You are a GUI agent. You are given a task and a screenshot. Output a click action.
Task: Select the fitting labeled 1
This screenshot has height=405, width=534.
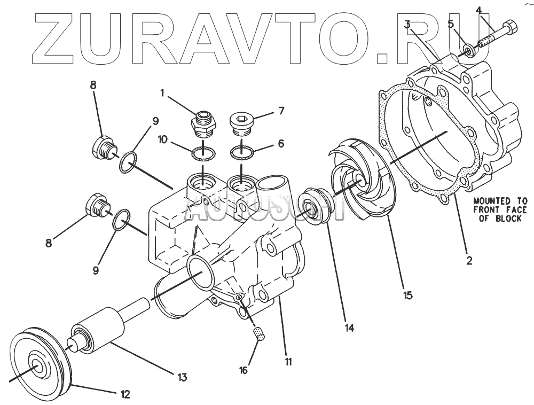pos(203,124)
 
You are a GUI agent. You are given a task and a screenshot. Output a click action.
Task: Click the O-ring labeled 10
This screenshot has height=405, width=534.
pos(203,153)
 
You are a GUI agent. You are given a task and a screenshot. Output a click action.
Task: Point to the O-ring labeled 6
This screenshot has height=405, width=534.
pos(241,153)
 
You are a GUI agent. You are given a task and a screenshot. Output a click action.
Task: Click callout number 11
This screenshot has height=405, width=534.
pos(288,362)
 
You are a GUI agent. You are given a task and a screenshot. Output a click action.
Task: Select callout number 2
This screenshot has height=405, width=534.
pos(469,261)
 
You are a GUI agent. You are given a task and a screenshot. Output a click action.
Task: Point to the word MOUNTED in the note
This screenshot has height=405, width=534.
pos(492,201)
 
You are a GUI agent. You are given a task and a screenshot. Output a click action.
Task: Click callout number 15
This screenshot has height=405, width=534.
pos(408,294)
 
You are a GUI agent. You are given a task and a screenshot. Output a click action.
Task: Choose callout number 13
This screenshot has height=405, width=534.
pos(182,378)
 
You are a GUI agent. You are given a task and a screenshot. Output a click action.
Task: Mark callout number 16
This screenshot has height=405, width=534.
pos(243,369)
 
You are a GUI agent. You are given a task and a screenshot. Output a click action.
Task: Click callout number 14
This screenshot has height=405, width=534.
pos(349,328)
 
